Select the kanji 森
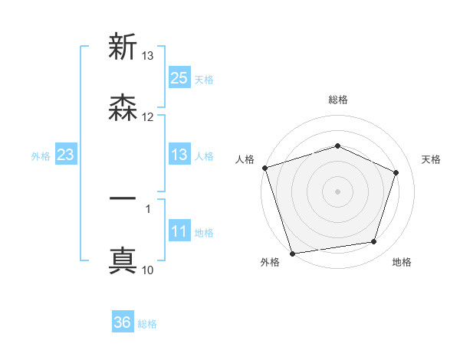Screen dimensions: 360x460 (x=123, y=108)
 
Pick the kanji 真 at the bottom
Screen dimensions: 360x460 (x=123, y=260)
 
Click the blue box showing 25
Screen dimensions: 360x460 (x=179, y=77)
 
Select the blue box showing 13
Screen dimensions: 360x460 (x=179, y=155)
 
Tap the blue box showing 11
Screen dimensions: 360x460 (x=179, y=232)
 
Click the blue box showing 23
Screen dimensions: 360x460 (x=65, y=155)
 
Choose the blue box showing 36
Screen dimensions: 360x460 (x=123, y=322)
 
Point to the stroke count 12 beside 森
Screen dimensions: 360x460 (x=148, y=116)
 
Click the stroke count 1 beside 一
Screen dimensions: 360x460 (x=148, y=208)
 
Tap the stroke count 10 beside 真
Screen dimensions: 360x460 (x=148, y=270)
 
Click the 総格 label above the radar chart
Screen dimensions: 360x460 (x=337, y=100)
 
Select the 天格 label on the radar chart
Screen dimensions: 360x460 (x=431, y=159)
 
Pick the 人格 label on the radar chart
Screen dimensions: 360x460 (x=244, y=159)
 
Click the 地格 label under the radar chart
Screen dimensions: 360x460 (x=402, y=262)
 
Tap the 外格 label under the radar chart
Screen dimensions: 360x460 (x=270, y=262)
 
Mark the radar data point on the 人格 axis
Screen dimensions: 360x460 (x=264, y=168)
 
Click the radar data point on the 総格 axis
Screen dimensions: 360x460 (x=337, y=146)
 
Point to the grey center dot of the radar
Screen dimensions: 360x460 (x=337, y=191)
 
